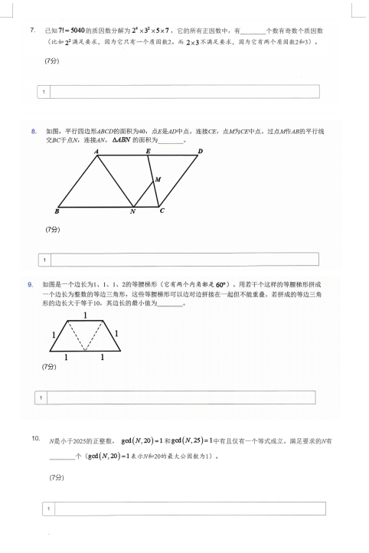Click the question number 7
[33, 30]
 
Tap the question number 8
[34, 131]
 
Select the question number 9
[31, 284]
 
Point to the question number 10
[35, 439]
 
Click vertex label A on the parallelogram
[96, 152]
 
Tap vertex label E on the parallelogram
[148, 151]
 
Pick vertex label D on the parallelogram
[200, 151]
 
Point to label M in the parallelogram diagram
[158, 179]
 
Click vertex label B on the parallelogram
[57, 211]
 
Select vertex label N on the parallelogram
[132, 212]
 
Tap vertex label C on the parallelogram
[162, 211]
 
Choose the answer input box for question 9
[175, 398]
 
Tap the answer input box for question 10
[184, 509]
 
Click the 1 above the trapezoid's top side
[84, 316]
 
